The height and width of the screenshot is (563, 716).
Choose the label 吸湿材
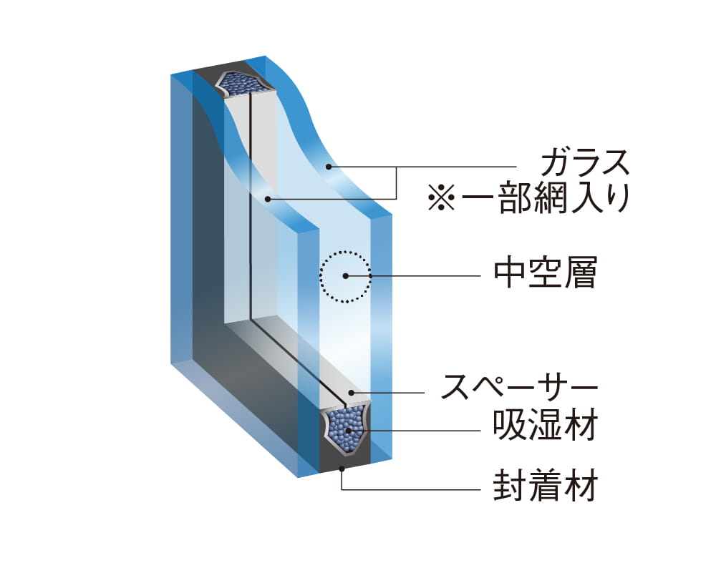(x=545, y=427)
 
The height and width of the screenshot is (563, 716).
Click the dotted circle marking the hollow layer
(x=346, y=251)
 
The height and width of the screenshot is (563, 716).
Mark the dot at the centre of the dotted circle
(x=346, y=275)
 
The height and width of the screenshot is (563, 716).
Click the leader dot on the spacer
(x=351, y=393)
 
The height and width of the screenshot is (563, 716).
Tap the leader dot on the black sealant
(x=342, y=469)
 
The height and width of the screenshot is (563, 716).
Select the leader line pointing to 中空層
(x=422, y=275)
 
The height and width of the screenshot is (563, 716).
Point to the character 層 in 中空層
(x=580, y=274)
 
